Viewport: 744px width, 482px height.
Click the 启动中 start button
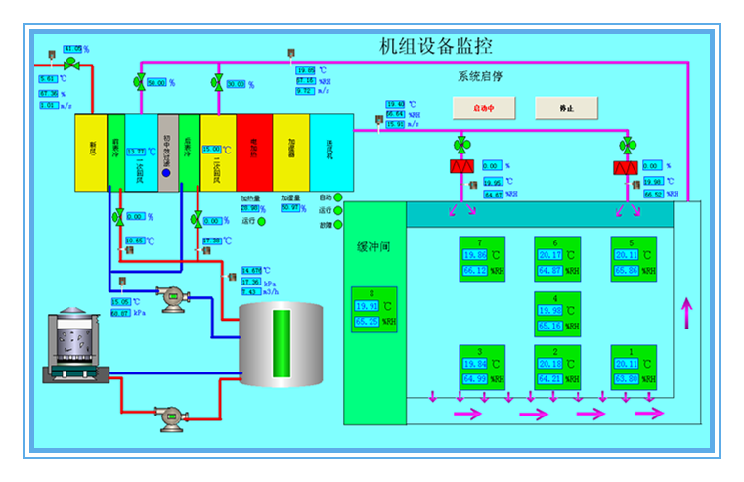tap(483, 109)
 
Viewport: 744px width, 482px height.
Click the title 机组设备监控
tap(435, 46)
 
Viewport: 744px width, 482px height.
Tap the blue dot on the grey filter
tap(166, 173)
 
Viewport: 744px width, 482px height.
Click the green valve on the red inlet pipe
tap(71, 64)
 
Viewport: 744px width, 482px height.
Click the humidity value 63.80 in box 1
tap(626, 378)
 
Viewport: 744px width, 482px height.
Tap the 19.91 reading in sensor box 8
tap(367, 306)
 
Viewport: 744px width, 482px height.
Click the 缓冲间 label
tap(373, 247)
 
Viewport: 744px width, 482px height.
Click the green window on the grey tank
tap(282, 341)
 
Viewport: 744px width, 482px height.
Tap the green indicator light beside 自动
tap(338, 197)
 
